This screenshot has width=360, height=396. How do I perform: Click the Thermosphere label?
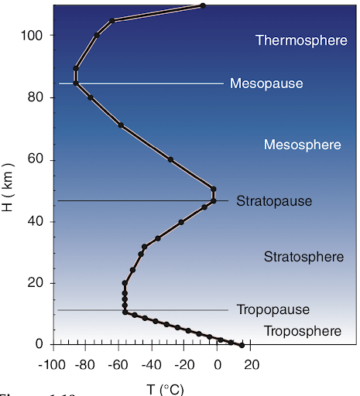click(301, 40)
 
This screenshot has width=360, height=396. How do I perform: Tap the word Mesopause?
click(266, 83)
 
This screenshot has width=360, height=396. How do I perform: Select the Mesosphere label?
click(302, 145)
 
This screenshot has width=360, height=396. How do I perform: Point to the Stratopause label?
click(274, 201)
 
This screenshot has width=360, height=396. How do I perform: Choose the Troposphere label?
click(302, 331)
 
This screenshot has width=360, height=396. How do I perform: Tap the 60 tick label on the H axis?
click(37, 159)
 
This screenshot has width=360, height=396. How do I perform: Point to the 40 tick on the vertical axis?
click(37, 221)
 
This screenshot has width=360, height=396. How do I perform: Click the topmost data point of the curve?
click(203, 6)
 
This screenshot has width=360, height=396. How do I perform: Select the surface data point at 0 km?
click(242, 345)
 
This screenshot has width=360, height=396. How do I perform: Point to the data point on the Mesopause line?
click(76, 83)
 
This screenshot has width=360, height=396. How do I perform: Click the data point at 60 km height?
click(171, 160)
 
